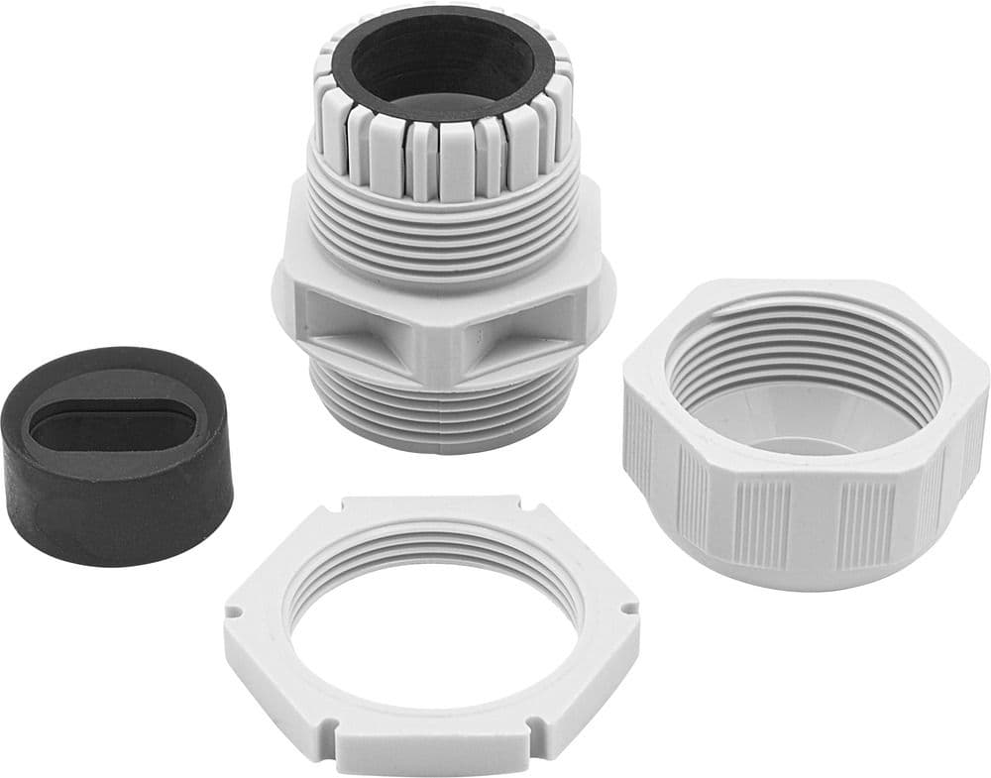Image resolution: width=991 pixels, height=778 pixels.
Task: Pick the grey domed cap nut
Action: (x=803, y=436)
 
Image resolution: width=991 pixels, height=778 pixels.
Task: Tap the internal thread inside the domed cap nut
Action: (x=803, y=342)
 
